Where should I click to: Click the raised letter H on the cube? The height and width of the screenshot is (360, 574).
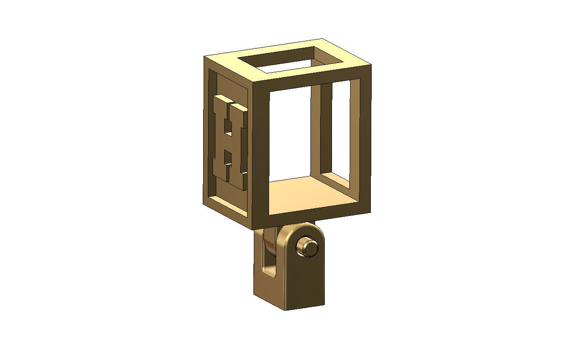coord(230,142)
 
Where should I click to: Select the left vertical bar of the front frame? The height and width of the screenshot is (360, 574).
coord(260,152)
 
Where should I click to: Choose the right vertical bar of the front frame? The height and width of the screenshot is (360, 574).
coord(365,139)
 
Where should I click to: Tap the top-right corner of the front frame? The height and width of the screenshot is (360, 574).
coord(370,65)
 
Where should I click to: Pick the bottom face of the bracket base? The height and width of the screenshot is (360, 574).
coord(304,307)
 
